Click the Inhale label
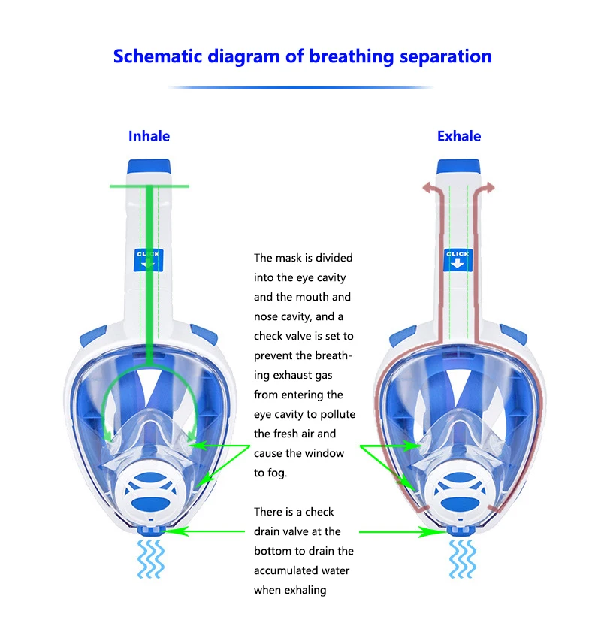click(149, 136)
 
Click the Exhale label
click(459, 136)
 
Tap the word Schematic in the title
click(158, 56)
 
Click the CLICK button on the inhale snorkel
click(149, 260)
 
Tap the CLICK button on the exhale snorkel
click(458, 260)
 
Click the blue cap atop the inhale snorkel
click(149, 166)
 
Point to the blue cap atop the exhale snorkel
click(458, 166)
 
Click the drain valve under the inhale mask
click(151, 530)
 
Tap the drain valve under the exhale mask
click(461, 530)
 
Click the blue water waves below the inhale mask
click(151, 559)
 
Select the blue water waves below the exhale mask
click(462, 559)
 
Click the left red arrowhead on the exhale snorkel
click(427, 188)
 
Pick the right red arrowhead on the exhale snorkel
click(489, 188)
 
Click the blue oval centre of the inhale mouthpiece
click(151, 504)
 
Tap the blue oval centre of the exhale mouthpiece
click(460, 504)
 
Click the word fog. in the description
click(276, 473)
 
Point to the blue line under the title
click(300, 87)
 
